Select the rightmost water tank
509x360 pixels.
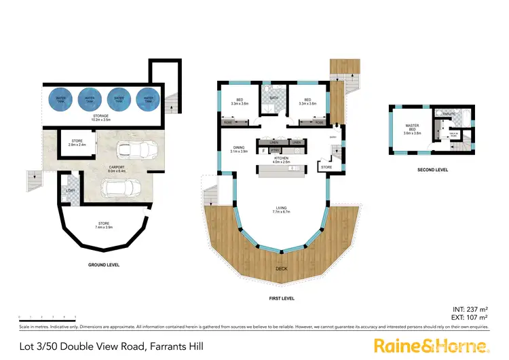(x=147, y=98)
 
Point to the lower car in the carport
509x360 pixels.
(x=127, y=186)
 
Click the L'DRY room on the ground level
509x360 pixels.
(x=70, y=190)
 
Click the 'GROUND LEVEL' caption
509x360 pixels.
(x=104, y=264)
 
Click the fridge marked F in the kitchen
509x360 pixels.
(x=263, y=150)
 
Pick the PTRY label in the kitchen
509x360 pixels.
(x=275, y=150)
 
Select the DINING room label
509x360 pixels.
(x=238, y=149)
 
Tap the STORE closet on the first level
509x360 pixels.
(x=326, y=166)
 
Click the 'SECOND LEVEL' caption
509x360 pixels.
(x=430, y=169)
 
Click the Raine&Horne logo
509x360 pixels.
(x=432, y=345)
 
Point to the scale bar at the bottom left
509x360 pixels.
(x=47, y=317)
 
